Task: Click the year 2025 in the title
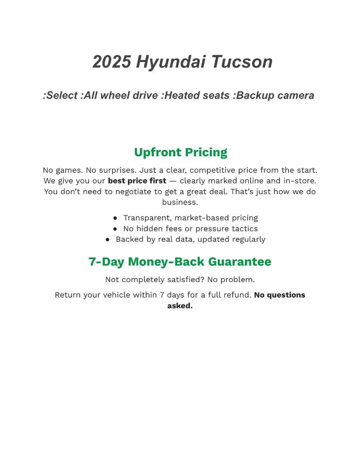point(111,62)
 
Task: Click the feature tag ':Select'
point(60,96)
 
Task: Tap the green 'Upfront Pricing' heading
point(180,152)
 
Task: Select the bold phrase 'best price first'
point(137,181)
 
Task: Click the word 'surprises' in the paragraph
point(109,170)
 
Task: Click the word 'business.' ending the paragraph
point(180,202)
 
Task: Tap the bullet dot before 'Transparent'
point(115,218)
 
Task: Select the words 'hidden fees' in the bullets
point(159,229)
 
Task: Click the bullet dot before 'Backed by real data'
point(108,239)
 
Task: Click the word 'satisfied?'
point(182,280)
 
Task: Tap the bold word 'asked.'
point(180,306)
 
